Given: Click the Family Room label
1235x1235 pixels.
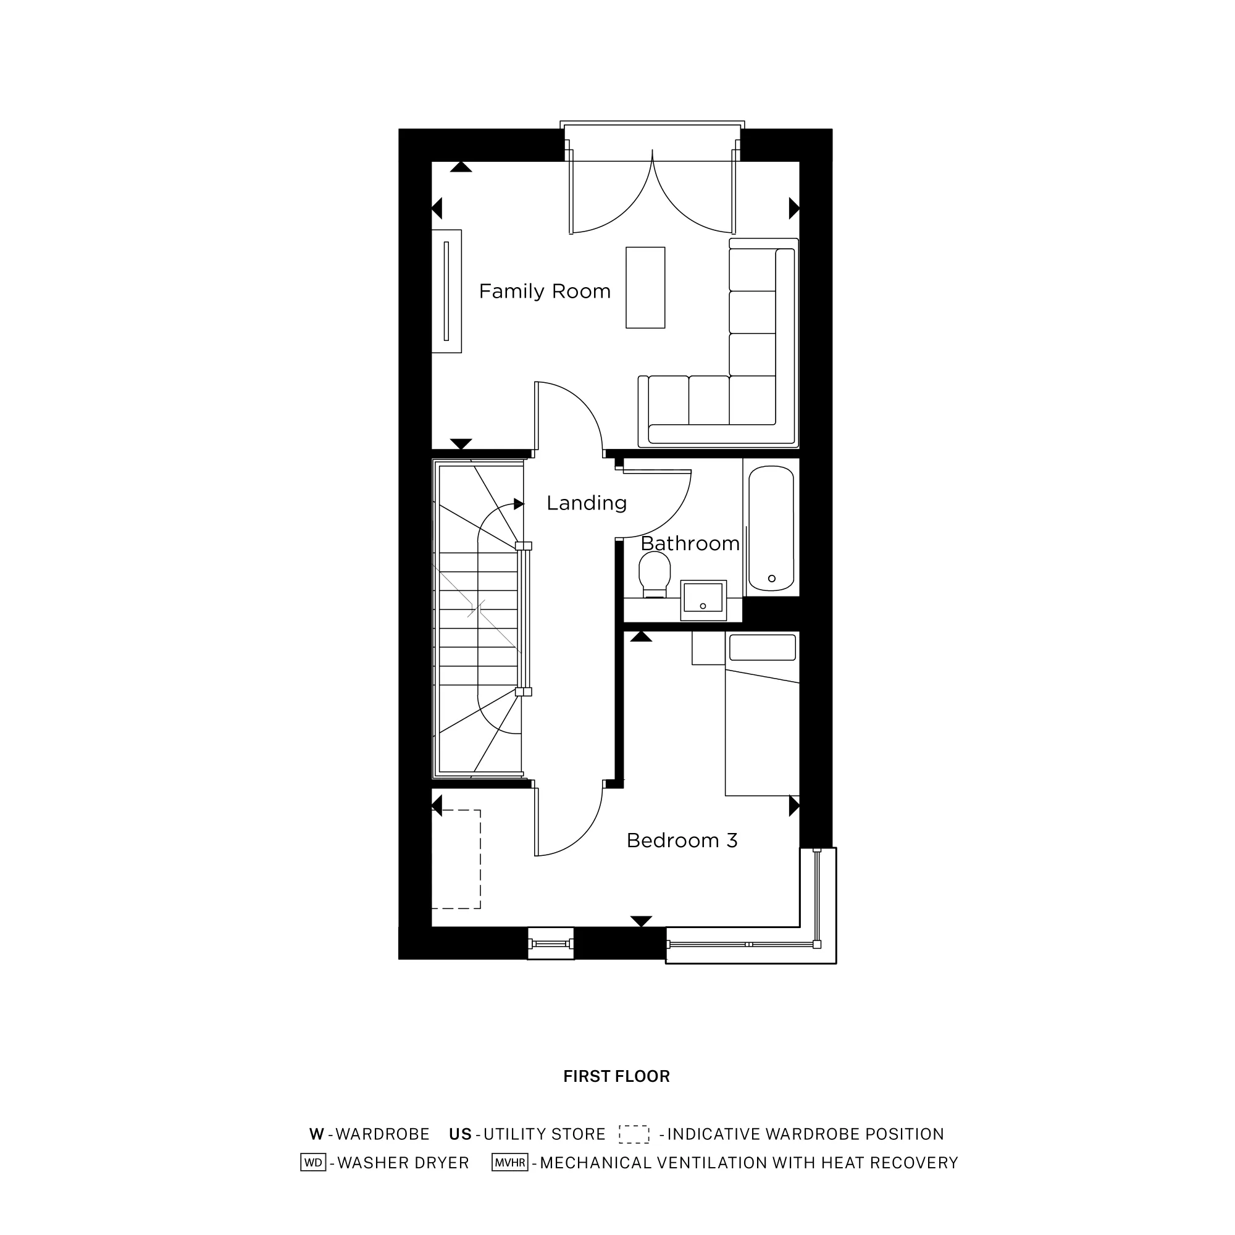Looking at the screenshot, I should coord(545,291).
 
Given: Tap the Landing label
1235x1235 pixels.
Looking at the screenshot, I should coord(586,503).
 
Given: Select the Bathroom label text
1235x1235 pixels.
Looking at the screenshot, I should coord(690,543).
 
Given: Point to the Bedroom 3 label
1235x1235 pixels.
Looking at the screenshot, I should coord(682,840).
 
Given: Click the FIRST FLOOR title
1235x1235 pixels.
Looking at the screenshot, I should coord(616,1076).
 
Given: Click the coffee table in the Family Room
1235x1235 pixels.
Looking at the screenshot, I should coord(645,288).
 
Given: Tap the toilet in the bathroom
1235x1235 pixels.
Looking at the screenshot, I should coord(655,574).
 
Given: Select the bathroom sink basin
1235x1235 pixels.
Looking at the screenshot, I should coord(703,598).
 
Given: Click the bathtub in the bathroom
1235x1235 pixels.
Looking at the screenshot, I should coord(771,528).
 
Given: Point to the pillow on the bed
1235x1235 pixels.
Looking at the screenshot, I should coord(763,648).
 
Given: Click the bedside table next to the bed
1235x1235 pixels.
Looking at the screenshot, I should coord(708,648).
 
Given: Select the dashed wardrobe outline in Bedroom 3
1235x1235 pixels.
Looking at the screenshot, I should coord(456,859).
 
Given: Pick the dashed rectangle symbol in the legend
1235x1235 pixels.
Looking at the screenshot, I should coord(634,1134).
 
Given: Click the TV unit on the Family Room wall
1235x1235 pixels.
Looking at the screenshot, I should coord(446,291).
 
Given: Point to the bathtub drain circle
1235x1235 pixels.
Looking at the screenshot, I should coord(771,579).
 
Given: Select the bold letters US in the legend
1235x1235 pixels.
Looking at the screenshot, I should coord(460,1134).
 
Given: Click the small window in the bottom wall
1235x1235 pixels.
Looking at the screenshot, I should coord(550,944).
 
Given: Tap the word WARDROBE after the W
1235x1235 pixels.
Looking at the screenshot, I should coord(382,1134).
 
